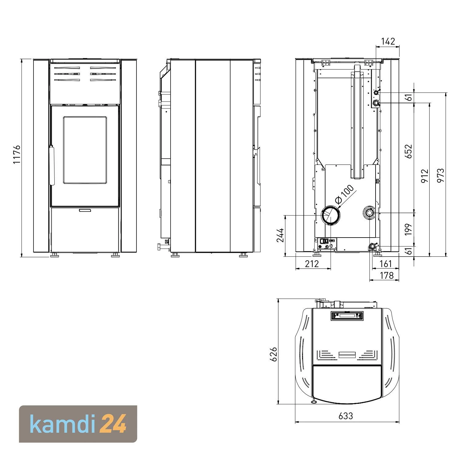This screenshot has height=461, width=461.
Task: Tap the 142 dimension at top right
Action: point(388,41)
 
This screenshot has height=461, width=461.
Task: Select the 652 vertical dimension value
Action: point(408,151)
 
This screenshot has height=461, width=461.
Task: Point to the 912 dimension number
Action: point(425,176)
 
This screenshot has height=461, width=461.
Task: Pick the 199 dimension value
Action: point(408,229)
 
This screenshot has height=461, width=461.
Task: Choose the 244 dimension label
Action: point(280,235)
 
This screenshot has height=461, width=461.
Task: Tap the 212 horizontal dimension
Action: point(312,263)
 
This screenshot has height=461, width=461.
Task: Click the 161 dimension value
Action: point(386,263)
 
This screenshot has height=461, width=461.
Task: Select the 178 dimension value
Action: point(387,275)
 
